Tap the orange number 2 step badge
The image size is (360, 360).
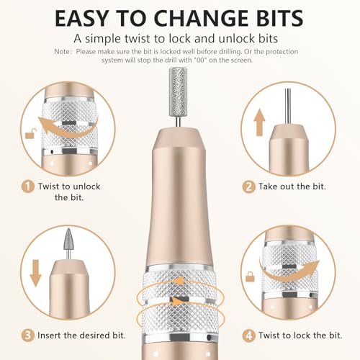(248, 186)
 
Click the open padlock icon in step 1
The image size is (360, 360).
(28, 135)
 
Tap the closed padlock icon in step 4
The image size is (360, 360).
(250, 276)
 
